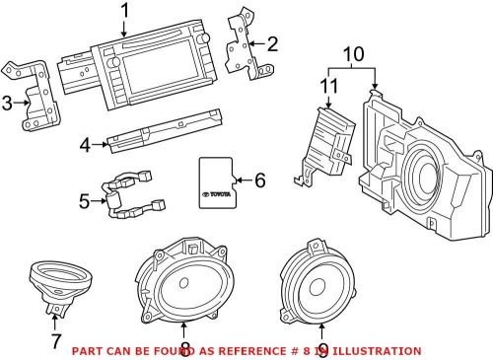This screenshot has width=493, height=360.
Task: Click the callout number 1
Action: [125, 11]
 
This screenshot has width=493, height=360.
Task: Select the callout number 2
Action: [272, 42]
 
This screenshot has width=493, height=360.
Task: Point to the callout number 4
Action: [86, 145]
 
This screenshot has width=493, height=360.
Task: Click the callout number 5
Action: [85, 202]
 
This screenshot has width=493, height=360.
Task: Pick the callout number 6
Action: [261, 180]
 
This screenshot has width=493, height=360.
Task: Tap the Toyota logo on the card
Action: [218, 195]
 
